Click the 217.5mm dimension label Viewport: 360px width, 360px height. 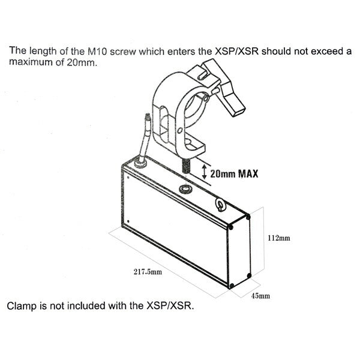click(x=148, y=272)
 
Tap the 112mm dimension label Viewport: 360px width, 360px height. click(x=279, y=238)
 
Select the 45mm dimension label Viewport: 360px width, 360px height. click(x=260, y=296)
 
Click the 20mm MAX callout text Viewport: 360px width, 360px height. click(x=234, y=173)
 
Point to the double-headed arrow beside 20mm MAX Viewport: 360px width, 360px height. click(x=204, y=172)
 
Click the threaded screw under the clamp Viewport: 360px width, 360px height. click(x=186, y=166)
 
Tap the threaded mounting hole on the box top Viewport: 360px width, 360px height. click(x=185, y=189)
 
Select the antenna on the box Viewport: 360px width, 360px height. click(x=143, y=138)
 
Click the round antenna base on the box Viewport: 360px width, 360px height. click(x=140, y=164)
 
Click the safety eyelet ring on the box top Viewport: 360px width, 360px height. click(x=220, y=204)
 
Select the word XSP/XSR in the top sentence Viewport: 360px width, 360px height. click(x=236, y=52)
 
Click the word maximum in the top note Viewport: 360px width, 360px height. click(x=31, y=62)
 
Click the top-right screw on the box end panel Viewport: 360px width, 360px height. click(x=248, y=216)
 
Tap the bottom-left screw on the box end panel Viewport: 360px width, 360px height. click(x=232, y=286)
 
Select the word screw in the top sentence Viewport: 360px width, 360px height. click(x=123, y=52)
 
